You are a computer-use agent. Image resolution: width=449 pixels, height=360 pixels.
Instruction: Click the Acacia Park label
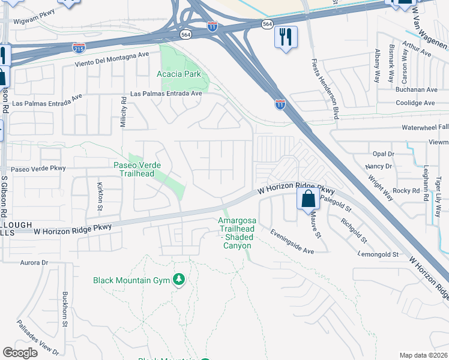coord(178,74)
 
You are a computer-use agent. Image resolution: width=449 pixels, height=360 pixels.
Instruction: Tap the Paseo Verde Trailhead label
coord(142,169)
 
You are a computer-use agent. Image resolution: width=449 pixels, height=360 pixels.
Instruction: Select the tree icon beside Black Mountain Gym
coord(178,280)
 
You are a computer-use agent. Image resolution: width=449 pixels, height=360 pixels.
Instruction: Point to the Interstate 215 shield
coord(78,47)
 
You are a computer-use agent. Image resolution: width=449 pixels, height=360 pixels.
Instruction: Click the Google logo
coord(20,353)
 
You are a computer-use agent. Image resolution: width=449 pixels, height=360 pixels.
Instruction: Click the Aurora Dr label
coord(34,263)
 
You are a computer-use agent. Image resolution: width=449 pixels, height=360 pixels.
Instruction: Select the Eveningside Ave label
coord(292,242)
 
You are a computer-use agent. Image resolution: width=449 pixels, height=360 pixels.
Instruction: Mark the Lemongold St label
coord(378,254)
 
